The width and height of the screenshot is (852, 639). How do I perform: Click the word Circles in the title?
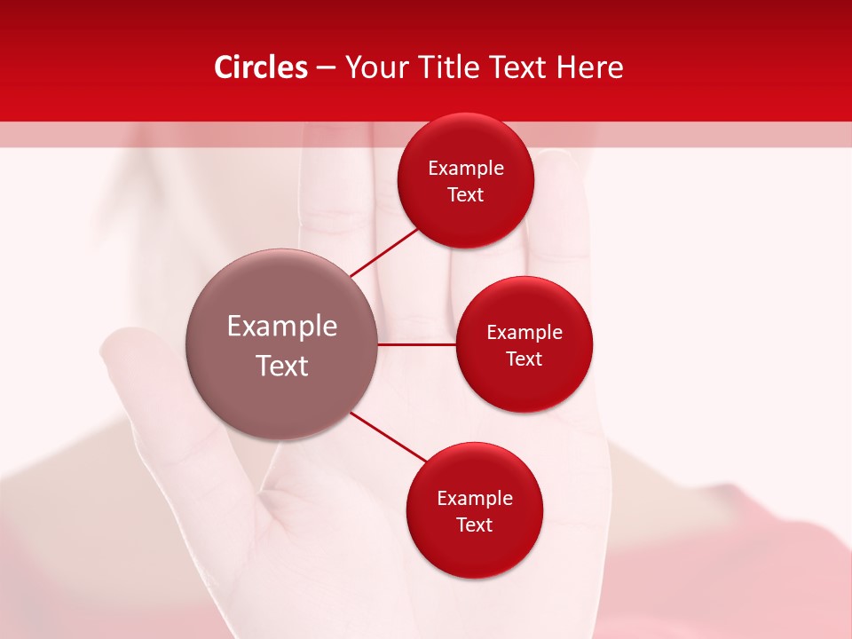point(261,67)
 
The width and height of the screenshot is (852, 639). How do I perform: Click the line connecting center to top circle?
point(383,251)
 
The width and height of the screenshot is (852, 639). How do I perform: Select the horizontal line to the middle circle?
point(416,344)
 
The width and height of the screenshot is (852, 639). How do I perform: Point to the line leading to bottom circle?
point(388,437)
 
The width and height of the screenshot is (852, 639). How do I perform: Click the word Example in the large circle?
point(282,327)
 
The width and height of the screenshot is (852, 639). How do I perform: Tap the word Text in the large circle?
point(282,366)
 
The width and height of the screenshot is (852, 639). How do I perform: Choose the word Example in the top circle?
point(466,169)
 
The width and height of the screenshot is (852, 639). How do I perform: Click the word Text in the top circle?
point(466,195)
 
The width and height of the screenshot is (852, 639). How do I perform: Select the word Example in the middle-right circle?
point(525,333)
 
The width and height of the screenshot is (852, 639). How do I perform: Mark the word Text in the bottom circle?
point(474,525)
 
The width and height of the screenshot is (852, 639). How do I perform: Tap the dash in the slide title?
point(326,68)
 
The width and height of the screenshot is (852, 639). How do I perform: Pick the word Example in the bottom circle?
point(475,499)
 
